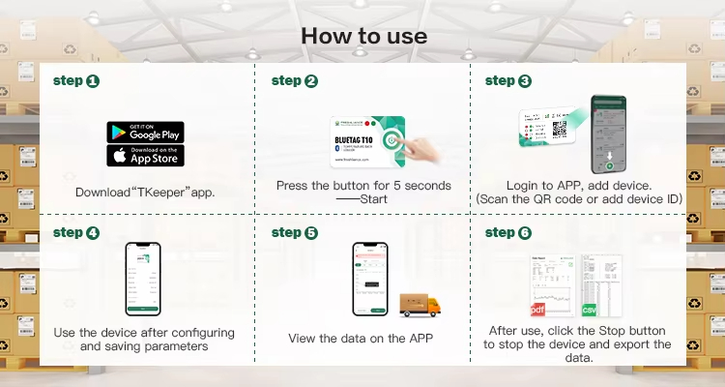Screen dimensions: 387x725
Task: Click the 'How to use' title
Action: [363, 36]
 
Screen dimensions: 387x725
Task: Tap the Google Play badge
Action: [145, 132]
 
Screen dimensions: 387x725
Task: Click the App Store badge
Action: [145, 155]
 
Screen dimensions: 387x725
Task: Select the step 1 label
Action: [75, 81]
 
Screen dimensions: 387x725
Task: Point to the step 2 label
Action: [294, 81]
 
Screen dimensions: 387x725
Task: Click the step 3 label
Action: [507, 81]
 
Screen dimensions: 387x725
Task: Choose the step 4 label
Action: [75, 232]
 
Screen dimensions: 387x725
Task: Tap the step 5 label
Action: [294, 232]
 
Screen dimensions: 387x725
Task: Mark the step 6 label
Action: [507, 232]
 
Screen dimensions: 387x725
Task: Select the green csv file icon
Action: [589, 309]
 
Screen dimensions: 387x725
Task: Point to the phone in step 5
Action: [368, 280]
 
